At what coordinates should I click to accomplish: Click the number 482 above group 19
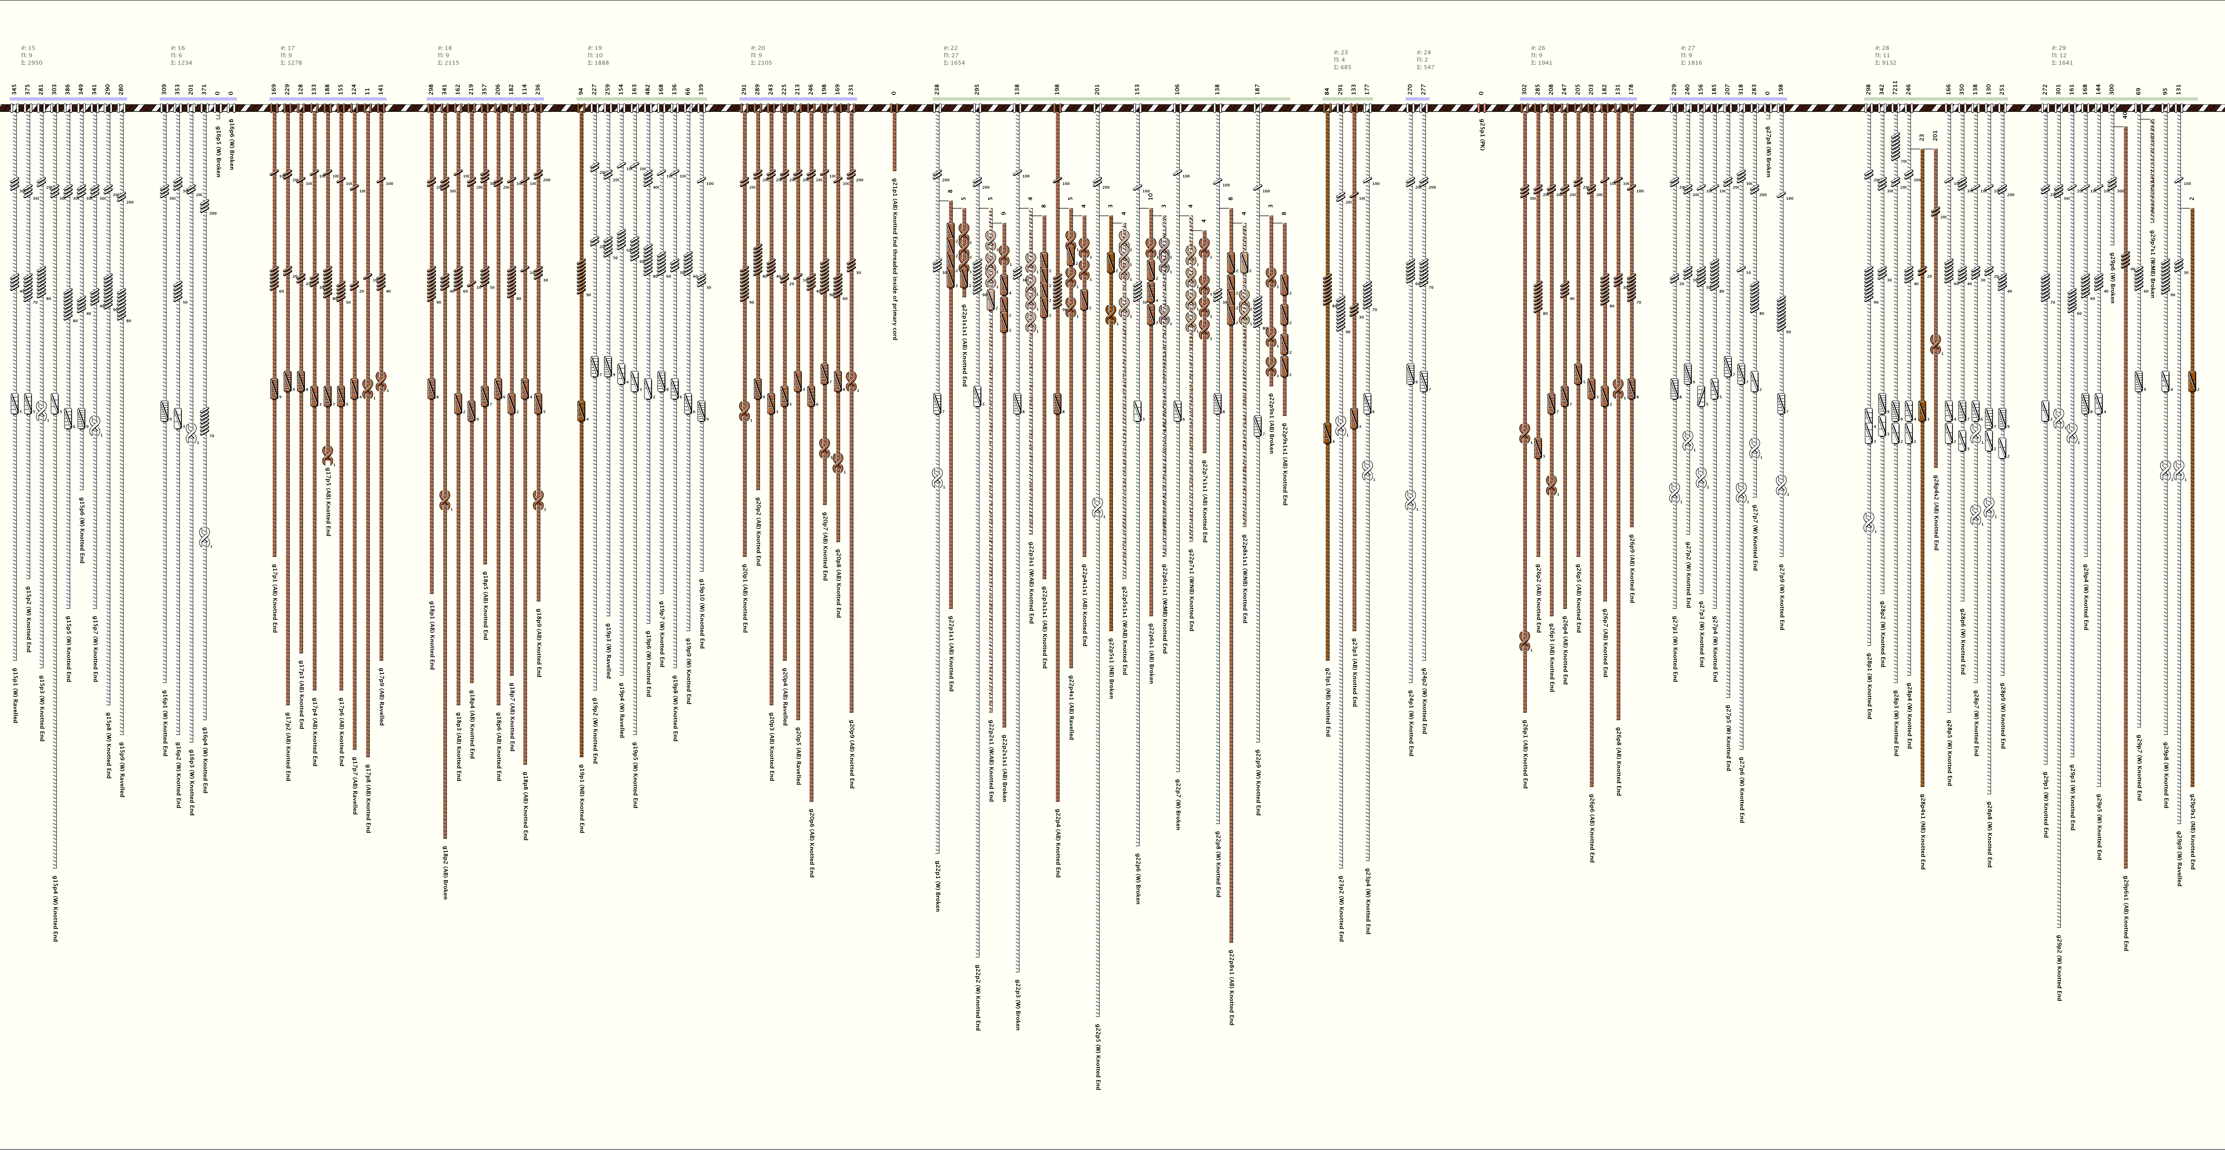[x=648, y=89]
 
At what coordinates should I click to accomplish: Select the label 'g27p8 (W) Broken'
[x=1768, y=151]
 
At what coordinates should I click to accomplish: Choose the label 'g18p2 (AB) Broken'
[x=445, y=873]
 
